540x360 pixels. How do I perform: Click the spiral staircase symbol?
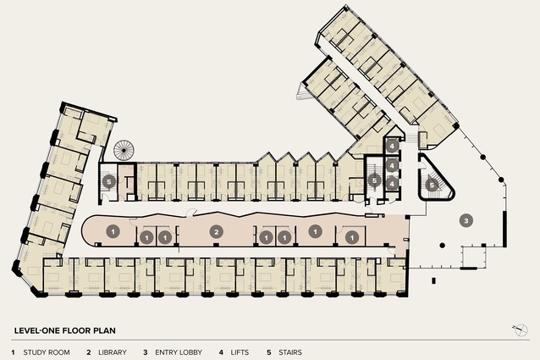[124, 150]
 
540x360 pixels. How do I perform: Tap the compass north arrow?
[520, 330]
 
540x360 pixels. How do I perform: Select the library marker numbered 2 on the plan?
[217, 232]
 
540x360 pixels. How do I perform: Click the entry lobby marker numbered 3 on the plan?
[466, 220]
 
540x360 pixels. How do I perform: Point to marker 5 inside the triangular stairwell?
[432, 185]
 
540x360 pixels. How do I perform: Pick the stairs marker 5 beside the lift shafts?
[374, 180]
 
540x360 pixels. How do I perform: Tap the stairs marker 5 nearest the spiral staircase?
[109, 181]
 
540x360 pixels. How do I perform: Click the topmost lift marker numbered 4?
[392, 146]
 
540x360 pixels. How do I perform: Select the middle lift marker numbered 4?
[392, 166]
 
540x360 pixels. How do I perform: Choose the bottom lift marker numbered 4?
[392, 184]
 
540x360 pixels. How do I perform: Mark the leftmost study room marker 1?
[113, 231]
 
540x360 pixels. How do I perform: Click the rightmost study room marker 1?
[352, 237]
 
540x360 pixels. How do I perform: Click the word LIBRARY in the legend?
[113, 352]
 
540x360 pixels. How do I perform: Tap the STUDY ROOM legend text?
[47, 352]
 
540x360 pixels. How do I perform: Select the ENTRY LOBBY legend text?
[179, 352]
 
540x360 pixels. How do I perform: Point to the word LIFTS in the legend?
[240, 352]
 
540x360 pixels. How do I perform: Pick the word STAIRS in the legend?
[290, 352]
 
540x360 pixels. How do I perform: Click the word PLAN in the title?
[106, 330]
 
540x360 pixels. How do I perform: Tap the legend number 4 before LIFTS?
[221, 352]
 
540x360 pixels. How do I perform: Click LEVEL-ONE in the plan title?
[36, 330]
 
